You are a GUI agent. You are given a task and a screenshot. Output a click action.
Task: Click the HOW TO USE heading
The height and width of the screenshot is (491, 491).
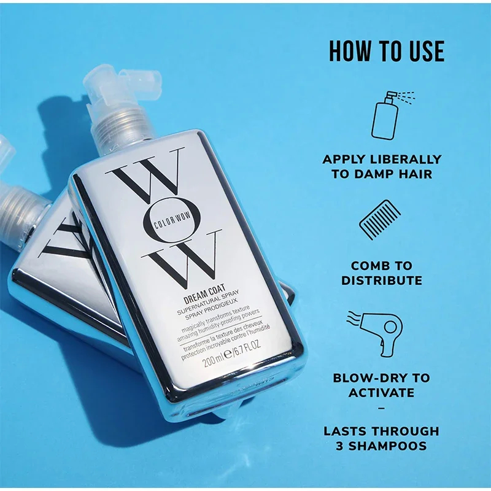(x=386, y=52)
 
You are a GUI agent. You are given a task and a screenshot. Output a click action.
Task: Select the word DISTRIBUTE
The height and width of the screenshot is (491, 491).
(x=382, y=280)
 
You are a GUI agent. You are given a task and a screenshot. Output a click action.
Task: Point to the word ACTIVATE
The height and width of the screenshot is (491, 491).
(x=382, y=393)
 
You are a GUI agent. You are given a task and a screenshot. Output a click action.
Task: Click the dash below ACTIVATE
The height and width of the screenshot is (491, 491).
(x=382, y=408)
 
